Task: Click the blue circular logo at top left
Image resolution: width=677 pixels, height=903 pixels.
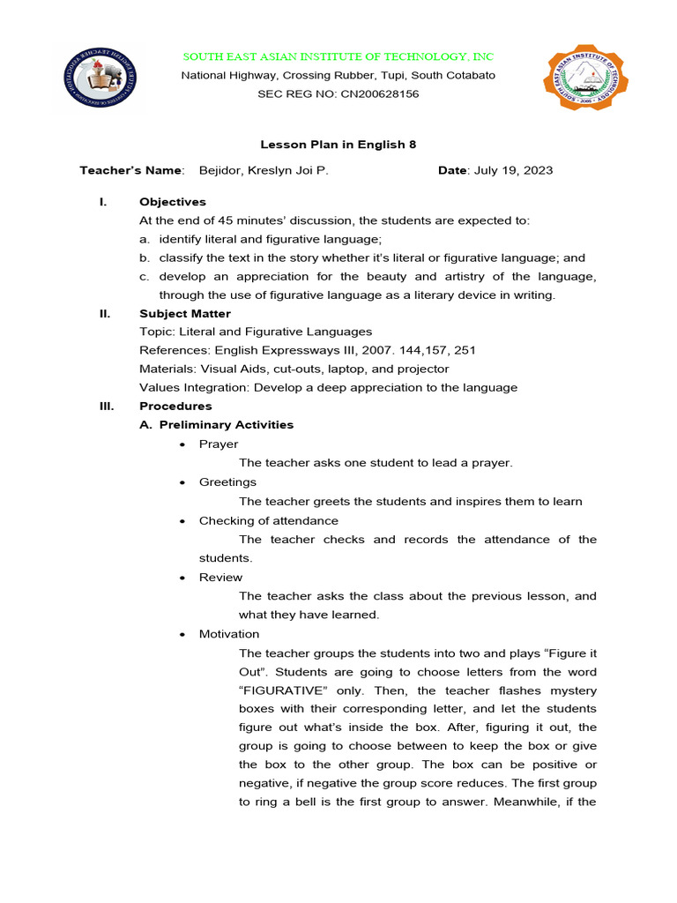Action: click(100, 77)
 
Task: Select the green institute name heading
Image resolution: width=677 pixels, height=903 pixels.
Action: click(338, 56)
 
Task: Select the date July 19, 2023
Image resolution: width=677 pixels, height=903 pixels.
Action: click(514, 170)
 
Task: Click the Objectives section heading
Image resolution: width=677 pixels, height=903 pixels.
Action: click(173, 202)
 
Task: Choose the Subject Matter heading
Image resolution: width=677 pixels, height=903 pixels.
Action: click(185, 313)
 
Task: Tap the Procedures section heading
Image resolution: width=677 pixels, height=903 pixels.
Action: click(175, 407)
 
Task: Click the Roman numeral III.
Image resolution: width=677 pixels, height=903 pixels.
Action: click(104, 407)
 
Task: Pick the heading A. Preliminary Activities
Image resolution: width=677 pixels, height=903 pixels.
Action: click(217, 425)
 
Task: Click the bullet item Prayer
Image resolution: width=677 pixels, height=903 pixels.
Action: click(219, 444)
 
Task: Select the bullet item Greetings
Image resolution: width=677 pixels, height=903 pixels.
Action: click(227, 482)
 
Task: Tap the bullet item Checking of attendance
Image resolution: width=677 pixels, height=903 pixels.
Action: click(268, 520)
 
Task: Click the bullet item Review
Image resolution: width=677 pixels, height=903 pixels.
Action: click(220, 578)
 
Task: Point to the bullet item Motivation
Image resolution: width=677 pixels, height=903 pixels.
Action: click(229, 634)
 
